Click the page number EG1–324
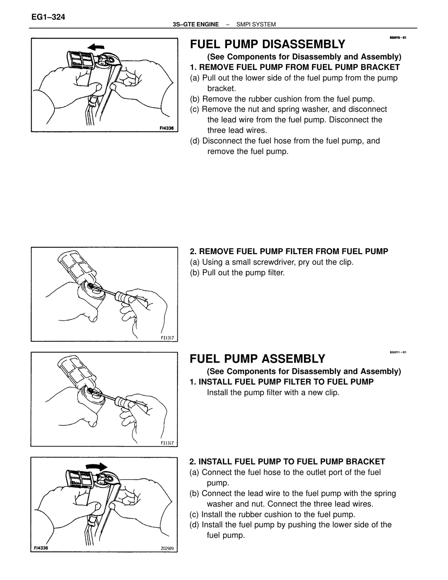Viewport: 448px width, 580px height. click(x=48, y=17)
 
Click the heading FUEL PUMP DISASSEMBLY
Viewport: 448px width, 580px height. click(x=267, y=44)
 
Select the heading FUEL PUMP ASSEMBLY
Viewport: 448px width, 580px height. click(x=257, y=358)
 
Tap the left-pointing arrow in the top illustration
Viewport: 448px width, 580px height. click(x=96, y=47)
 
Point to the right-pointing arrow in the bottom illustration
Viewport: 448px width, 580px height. click(x=96, y=467)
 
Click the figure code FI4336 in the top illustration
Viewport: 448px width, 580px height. click(x=167, y=128)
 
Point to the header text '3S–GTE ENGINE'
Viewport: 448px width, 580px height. click(x=196, y=24)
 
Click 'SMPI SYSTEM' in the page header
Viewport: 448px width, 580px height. click(x=256, y=24)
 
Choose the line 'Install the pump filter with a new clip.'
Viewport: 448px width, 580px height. click(x=273, y=392)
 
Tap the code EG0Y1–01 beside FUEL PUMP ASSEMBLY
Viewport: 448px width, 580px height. click(x=398, y=352)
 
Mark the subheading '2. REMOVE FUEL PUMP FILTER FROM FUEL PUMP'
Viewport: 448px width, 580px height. click(x=289, y=251)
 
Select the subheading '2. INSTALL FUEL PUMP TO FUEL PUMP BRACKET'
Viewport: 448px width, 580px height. click(x=287, y=462)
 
